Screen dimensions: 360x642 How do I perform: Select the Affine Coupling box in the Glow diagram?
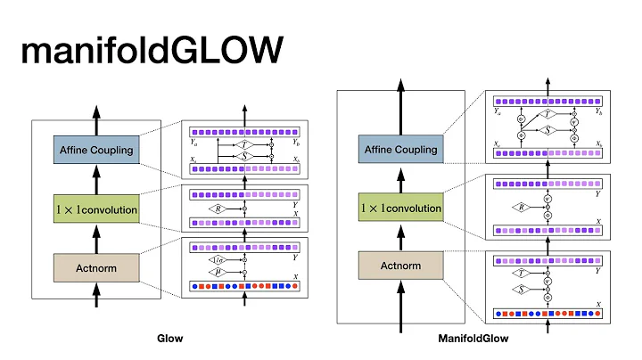97,150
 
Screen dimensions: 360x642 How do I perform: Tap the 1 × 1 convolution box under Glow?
97,210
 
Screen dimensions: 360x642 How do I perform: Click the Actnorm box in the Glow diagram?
97,267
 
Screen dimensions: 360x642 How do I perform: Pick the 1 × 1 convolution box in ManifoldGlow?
401,209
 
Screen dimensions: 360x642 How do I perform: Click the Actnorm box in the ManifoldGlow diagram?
401,266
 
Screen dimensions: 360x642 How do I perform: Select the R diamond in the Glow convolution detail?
219,209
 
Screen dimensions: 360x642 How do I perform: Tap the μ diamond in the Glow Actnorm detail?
219,270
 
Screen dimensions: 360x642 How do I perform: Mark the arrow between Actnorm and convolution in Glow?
97,238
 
